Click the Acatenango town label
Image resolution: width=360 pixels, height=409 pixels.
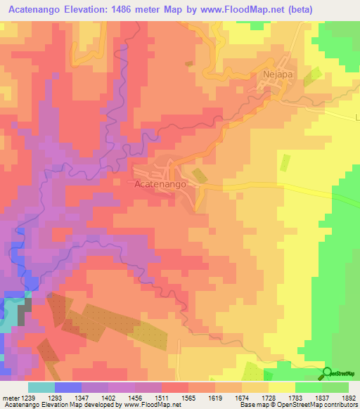click(160, 183)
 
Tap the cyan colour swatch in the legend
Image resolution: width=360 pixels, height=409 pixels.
click(41, 387)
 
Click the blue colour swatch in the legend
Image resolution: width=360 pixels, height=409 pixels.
click(68, 387)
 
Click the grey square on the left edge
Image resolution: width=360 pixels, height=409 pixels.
click(25, 309)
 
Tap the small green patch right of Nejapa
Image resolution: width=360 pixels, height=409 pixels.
click(316, 75)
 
